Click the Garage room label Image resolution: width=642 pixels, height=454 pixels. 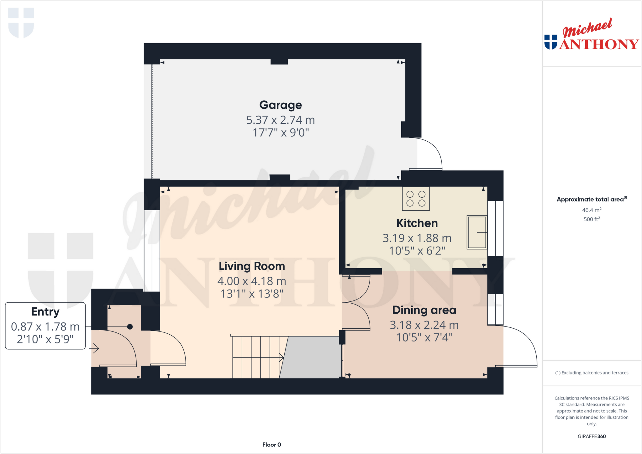click(280, 105)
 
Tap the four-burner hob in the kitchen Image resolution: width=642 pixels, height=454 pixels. click(416, 199)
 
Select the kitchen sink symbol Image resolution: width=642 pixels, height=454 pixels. click(476, 232)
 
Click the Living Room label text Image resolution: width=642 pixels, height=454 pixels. click(252, 266)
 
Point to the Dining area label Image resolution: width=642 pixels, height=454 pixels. click(424, 310)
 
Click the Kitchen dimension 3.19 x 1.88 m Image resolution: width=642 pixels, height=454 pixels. click(417, 238)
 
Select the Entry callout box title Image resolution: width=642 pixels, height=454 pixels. click(45, 312)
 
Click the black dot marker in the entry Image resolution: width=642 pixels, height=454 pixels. click(130, 327)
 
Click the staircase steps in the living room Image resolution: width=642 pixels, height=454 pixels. click(255, 357)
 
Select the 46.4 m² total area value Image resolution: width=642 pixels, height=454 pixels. click(592, 210)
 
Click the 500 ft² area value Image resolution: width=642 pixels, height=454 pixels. click(592, 219)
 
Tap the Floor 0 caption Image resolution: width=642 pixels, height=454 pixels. click(271, 445)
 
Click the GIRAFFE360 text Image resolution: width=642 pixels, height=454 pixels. click(592, 436)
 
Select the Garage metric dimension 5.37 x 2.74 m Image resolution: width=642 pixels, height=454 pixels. click(280, 120)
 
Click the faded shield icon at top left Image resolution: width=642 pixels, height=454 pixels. click(21, 23)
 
